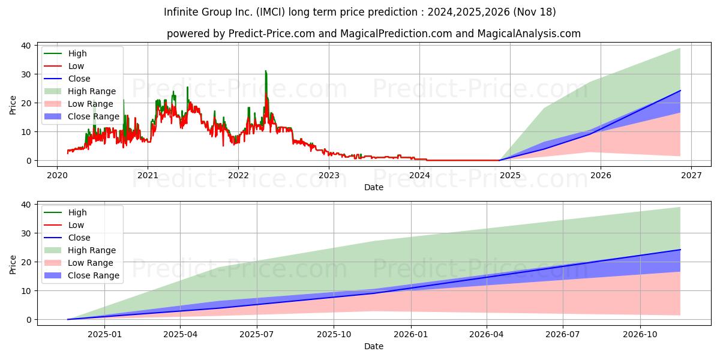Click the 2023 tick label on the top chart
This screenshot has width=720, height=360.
[x=329, y=175]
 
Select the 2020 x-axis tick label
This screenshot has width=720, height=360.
[x=57, y=175]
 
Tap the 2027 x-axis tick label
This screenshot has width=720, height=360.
[x=691, y=175]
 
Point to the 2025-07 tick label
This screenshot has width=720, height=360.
[x=257, y=335]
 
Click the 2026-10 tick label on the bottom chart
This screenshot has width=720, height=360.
[x=640, y=335]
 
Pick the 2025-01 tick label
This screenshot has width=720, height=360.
[x=105, y=335]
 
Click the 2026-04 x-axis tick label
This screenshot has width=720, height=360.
[x=487, y=335]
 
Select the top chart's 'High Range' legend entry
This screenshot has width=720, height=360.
[x=80, y=91]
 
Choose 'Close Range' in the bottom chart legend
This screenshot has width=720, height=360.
[x=82, y=275]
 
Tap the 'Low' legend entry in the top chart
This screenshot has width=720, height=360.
[x=64, y=66]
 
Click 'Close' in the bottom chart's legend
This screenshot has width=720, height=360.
[x=67, y=238]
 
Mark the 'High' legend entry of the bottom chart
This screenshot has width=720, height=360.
[x=65, y=212]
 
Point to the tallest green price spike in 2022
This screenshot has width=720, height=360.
[x=265, y=71]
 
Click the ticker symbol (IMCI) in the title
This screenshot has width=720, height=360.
[x=271, y=12]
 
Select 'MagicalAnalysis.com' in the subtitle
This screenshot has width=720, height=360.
[x=529, y=34]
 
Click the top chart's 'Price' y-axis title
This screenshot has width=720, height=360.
[x=13, y=105]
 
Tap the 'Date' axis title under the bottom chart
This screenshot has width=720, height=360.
[x=374, y=346]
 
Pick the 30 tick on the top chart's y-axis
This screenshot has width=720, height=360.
[x=26, y=74]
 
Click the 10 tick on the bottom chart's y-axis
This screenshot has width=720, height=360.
[x=26, y=291]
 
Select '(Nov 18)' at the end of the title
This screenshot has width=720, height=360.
[x=535, y=12]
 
